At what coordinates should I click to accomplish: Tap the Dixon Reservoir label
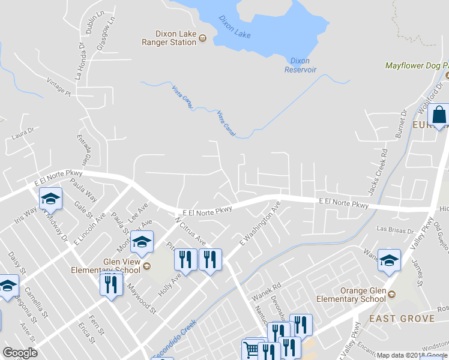click(x=300, y=65)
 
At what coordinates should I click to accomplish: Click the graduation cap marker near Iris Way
click(x=51, y=198)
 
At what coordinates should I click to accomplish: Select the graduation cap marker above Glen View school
click(x=142, y=241)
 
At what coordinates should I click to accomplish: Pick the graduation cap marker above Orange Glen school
click(x=390, y=260)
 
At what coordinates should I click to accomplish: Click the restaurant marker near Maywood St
click(x=110, y=283)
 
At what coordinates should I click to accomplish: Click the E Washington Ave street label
click(x=260, y=223)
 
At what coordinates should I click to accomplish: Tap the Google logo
click(x=20, y=353)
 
